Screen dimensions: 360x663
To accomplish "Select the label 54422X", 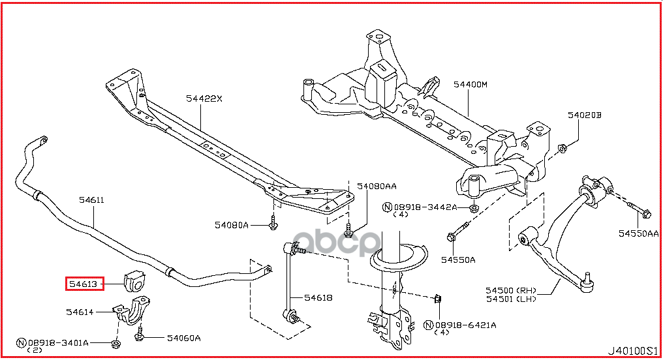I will [x=204, y=99].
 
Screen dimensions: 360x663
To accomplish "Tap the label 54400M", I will [x=470, y=85].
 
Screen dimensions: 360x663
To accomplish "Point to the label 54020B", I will [x=583, y=115].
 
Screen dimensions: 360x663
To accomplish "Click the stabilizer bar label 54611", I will [x=92, y=201].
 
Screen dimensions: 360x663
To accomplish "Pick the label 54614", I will [x=80, y=312].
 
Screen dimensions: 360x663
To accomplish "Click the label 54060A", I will [x=183, y=338].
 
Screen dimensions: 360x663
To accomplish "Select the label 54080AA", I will [x=375, y=186].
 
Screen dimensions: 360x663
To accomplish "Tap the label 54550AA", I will [x=639, y=233].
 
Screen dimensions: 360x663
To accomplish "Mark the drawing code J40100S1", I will [x=633, y=352].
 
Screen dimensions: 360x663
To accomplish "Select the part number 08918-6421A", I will [x=465, y=324].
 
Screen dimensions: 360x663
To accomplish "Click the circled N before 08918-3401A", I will [x=21, y=342].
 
